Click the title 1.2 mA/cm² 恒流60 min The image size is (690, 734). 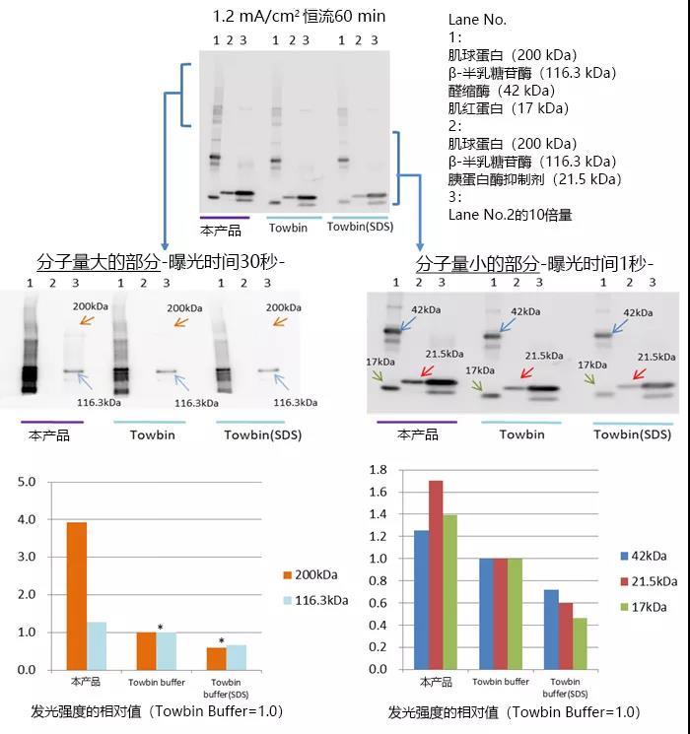click(x=298, y=16)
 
